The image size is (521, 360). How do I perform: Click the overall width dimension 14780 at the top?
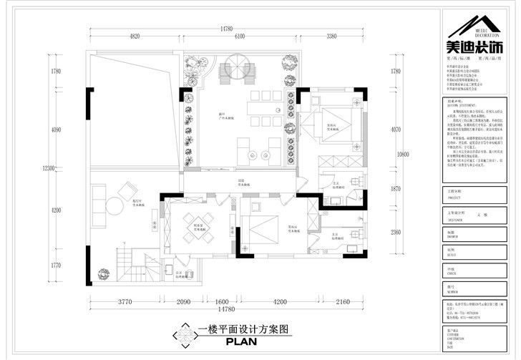click(226, 29)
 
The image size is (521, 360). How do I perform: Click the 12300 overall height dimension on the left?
click(47, 167)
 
